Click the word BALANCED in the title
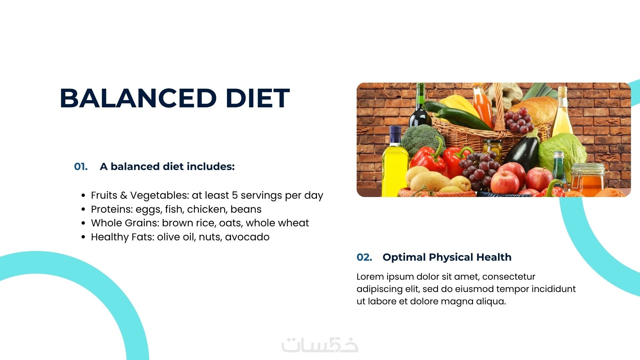point(138,98)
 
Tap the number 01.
point(81,166)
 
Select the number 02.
point(364,257)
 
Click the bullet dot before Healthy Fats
point(83,237)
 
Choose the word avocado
point(247,237)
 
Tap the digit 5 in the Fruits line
point(235,195)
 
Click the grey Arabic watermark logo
point(320,345)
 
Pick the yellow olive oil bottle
point(394,162)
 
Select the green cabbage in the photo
point(562,153)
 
